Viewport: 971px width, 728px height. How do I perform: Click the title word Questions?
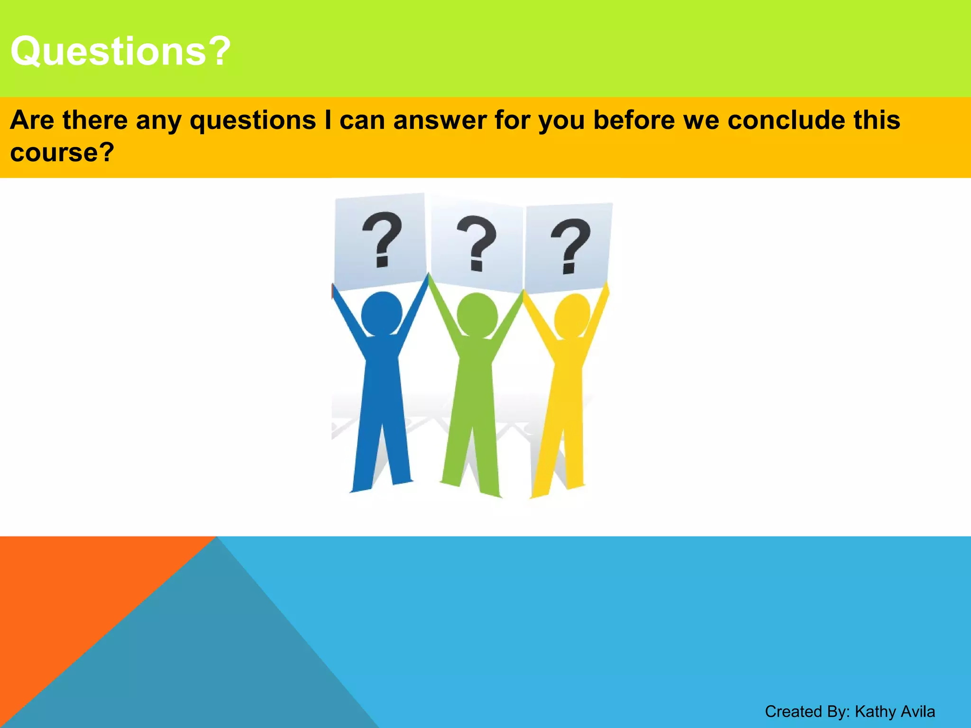pyautogui.click(x=120, y=51)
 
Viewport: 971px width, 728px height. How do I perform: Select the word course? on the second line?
pyautogui.click(x=62, y=153)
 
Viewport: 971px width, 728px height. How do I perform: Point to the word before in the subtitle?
pyautogui.click(x=634, y=120)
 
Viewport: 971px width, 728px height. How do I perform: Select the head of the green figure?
pyautogui.click(x=477, y=315)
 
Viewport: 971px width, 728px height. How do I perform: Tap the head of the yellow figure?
pyautogui.click(x=572, y=316)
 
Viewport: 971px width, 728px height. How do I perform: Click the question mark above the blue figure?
pyautogui.click(x=382, y=239)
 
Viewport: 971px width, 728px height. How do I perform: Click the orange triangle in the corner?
pyautogui.click(x=71, y=592)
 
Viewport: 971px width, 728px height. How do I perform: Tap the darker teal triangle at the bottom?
pyautogui.click(x=213, y=664)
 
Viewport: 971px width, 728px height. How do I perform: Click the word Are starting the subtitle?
pyautogui.click(x=32, y=120)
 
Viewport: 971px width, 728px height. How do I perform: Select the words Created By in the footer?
pyautogui.click(x=806, y=711)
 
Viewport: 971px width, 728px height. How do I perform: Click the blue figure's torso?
pyautogui.click(x=382, y=379)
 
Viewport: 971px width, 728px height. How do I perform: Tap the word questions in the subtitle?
pyautogui.click(x=253, y=120)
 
